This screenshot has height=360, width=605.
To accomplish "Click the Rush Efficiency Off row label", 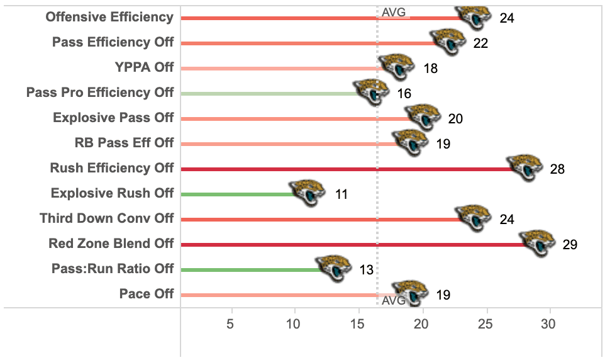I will pos(112,168).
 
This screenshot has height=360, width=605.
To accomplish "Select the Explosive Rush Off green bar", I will pos(236,194).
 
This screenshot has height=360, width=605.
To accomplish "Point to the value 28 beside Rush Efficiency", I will pos(557,169).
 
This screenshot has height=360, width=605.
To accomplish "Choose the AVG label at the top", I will pos(394,11).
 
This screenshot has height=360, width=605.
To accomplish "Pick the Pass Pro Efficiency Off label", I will pos(100,93).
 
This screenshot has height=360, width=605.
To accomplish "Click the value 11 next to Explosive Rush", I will pos(341,194).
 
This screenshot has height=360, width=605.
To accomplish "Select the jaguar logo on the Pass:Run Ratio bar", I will pos(333,269).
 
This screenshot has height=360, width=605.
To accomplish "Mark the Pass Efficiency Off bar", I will pos(308,43).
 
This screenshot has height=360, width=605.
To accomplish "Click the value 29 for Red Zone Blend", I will pos(570,245).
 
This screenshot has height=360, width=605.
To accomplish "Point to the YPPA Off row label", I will pos(144,67).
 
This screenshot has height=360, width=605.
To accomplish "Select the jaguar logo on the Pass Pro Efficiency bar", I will pos(371,93).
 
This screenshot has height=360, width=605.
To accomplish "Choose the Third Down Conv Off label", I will pos(107,218).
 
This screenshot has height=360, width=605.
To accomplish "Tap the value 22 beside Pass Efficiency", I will pos(480,43).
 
